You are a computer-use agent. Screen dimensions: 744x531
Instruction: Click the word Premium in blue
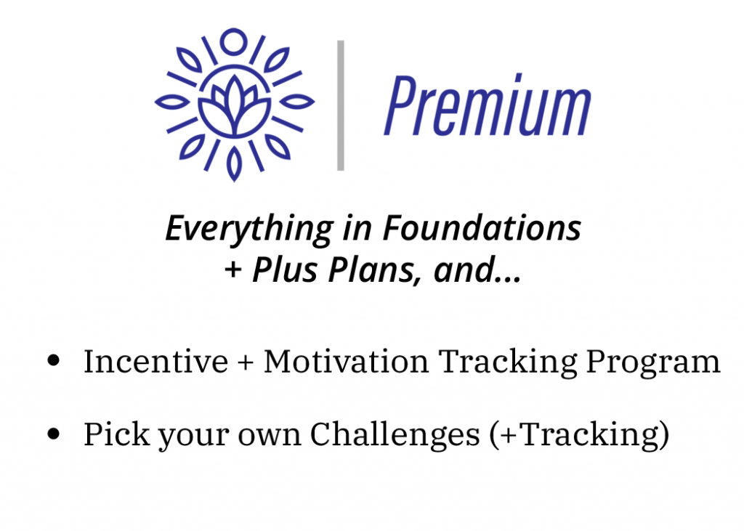point(488,105)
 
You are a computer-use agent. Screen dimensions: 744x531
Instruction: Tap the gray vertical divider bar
point(341,105)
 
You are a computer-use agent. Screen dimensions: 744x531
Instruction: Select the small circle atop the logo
point(233,41)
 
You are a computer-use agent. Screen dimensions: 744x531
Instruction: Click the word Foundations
point(482,228)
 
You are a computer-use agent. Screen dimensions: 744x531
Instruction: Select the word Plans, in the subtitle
point(376,270)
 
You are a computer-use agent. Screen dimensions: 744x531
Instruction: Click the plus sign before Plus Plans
point(233,270)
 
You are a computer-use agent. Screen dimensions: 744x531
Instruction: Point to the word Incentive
point(155,361)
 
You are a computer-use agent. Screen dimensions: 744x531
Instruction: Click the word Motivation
point(346,361)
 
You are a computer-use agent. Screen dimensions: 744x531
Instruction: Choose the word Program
point(653,362)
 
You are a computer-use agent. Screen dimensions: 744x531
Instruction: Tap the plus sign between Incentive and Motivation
point(246,362)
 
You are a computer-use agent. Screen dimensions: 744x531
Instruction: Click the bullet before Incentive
point(54,360)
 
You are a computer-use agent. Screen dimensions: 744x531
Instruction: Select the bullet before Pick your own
point(54,433)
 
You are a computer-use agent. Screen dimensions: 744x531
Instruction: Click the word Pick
point(117,434)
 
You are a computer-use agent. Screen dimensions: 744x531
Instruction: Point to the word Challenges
point(395,435)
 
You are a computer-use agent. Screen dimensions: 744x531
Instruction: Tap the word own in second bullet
point(270,437)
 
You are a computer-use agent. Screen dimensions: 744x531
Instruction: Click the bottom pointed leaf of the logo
point(234,163)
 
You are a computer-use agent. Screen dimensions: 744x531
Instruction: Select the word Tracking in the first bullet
point(507,362)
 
